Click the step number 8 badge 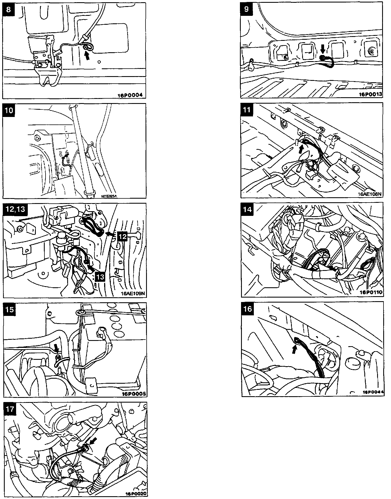tap(9, 9)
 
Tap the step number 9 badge tap(247, 9)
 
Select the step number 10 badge tap(9, 110)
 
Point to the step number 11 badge tap(247, 109)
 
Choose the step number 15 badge tap(9, 309)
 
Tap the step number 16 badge tap(247, 308)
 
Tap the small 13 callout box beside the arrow tap(100, 276)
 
